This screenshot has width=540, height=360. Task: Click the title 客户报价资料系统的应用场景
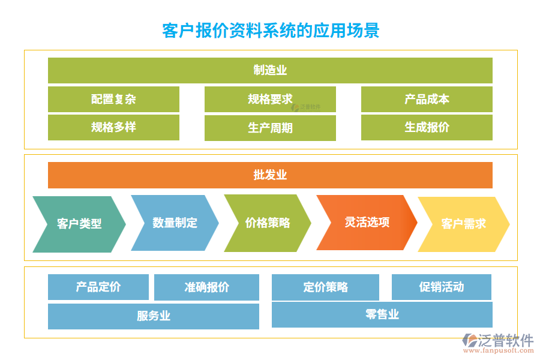click(x=271, y=30)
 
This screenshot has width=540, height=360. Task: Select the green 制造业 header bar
click(x=270, y=70)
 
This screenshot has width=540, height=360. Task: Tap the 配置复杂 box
click(x=113, y=99)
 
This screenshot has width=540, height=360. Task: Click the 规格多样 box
click(x=113, y=127)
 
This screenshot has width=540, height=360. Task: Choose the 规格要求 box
click(x=270, y=99)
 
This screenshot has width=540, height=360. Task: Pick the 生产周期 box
click(x=270, y=128)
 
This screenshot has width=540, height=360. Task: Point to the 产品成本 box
click(x=427, y=99)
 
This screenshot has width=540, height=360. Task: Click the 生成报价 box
click(x=427, y=127)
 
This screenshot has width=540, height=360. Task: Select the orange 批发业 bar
click(x=270, y=175)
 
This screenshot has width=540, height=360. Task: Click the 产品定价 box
click(x=98, y=287)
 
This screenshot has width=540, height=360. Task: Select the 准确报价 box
click(x=206, y=287)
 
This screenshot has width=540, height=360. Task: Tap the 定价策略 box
click(x=325, y=287)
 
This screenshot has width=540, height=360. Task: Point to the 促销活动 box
click(x=441, y=287)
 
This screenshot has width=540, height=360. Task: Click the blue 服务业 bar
click(x=154, y=316)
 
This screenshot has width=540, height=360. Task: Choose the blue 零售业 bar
click(x=382, y=314)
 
